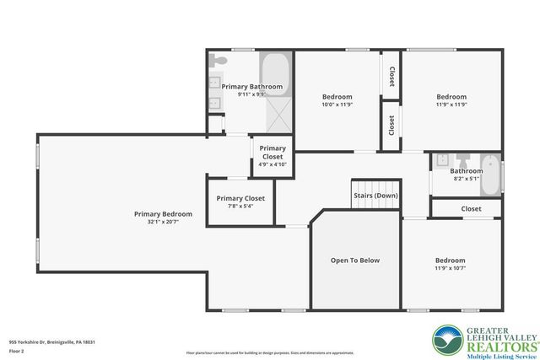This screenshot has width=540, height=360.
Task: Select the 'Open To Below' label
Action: coord(354,261)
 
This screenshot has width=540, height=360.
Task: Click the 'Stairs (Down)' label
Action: coord(375,196)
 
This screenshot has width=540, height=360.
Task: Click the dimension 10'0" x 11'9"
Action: coord(337,105)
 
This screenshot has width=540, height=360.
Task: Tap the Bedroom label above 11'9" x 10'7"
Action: coord(450,261)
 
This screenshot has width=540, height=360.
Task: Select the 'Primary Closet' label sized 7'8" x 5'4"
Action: coord(240,198)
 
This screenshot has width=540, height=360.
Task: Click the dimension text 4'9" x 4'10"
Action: coord(273,164)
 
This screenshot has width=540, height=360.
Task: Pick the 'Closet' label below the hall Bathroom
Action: coord(471,208)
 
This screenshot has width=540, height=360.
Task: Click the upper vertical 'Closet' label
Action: coord(391,77)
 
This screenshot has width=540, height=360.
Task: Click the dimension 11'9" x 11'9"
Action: coord(451,105)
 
